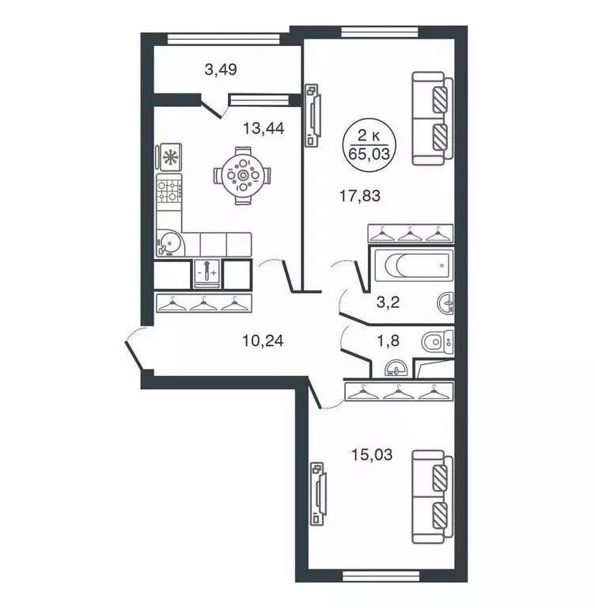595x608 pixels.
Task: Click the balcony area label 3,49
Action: pyautogui.click(x=221, y=70)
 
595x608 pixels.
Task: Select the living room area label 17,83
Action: pyautogui.click(x=359, y=196)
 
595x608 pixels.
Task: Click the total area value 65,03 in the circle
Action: pyautogui.click(x=372, y=153)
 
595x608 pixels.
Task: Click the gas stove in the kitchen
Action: pyautogui.click(x=169, y=190)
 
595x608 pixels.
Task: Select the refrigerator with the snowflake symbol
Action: pyautogui.click(x=169, y=157)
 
